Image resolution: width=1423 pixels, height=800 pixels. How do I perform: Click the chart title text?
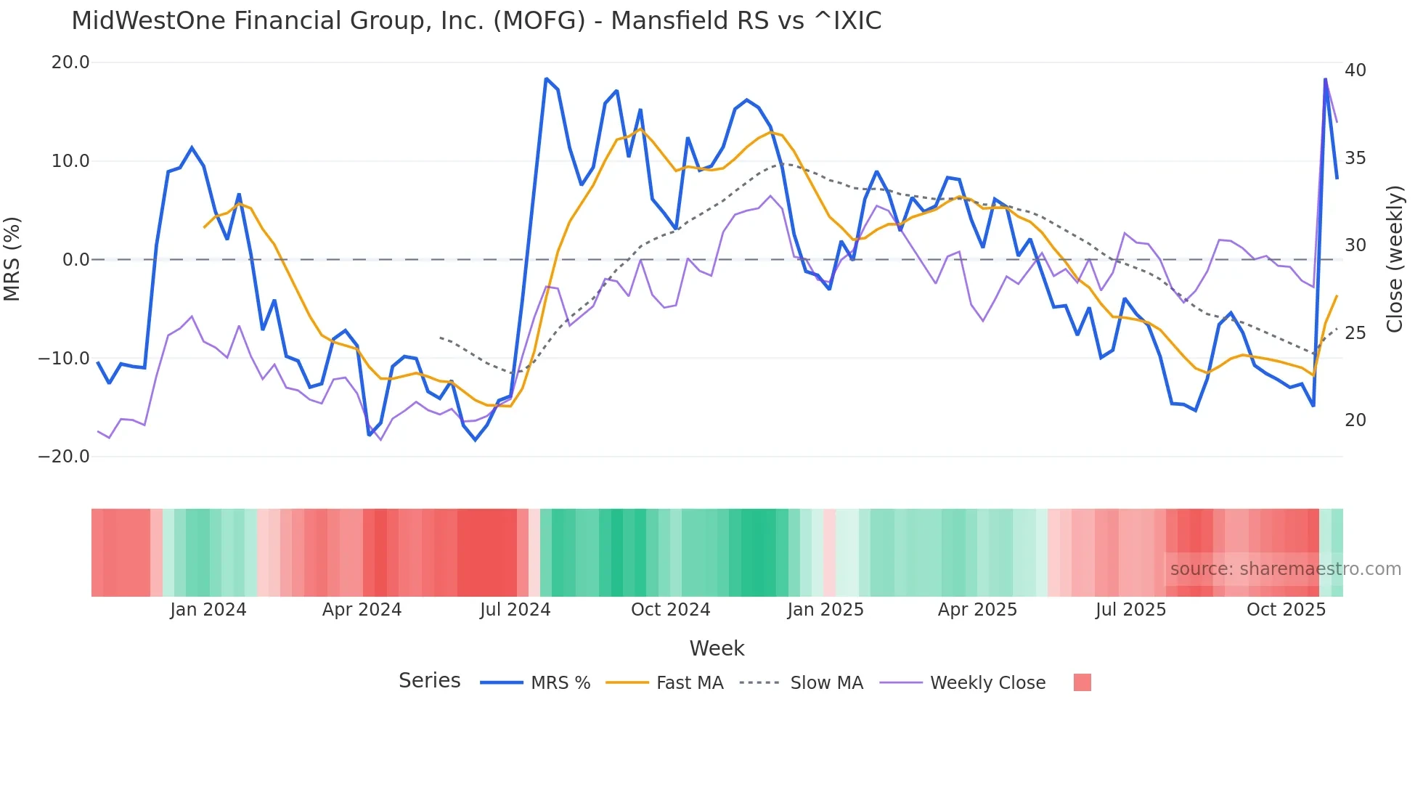tap(476, 21)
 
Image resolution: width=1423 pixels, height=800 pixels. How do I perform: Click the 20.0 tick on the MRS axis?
tap(70, 62)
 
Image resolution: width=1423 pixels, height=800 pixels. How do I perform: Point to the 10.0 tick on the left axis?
tap(70, 161)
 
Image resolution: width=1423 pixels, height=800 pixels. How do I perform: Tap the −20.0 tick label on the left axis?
tap(64, 457)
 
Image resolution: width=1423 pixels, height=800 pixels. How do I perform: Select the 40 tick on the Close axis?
tap(1355, 70)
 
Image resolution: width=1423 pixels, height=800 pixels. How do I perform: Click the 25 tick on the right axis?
tap(1355, 333)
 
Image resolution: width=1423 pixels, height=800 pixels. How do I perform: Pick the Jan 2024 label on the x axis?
tap(208, 610)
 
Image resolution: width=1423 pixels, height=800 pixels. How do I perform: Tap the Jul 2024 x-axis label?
tap(515, 610)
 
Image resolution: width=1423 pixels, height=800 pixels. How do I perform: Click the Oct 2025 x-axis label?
tap(1286, 610)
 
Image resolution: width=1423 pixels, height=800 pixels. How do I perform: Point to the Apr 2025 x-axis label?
tap(977, 610)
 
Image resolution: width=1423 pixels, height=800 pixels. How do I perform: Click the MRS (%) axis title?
tap(12, 259)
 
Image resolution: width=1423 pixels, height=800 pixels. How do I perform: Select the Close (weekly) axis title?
tap(1395, 259)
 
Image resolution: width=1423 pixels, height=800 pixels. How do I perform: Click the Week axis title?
tap(717, 648)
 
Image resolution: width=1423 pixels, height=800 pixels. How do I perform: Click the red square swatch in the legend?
tap(1082, 682)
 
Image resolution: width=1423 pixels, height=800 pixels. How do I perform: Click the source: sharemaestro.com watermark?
tap(1285, 569)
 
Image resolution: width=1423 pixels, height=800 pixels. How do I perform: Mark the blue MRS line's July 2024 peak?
tap(546, 78)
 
